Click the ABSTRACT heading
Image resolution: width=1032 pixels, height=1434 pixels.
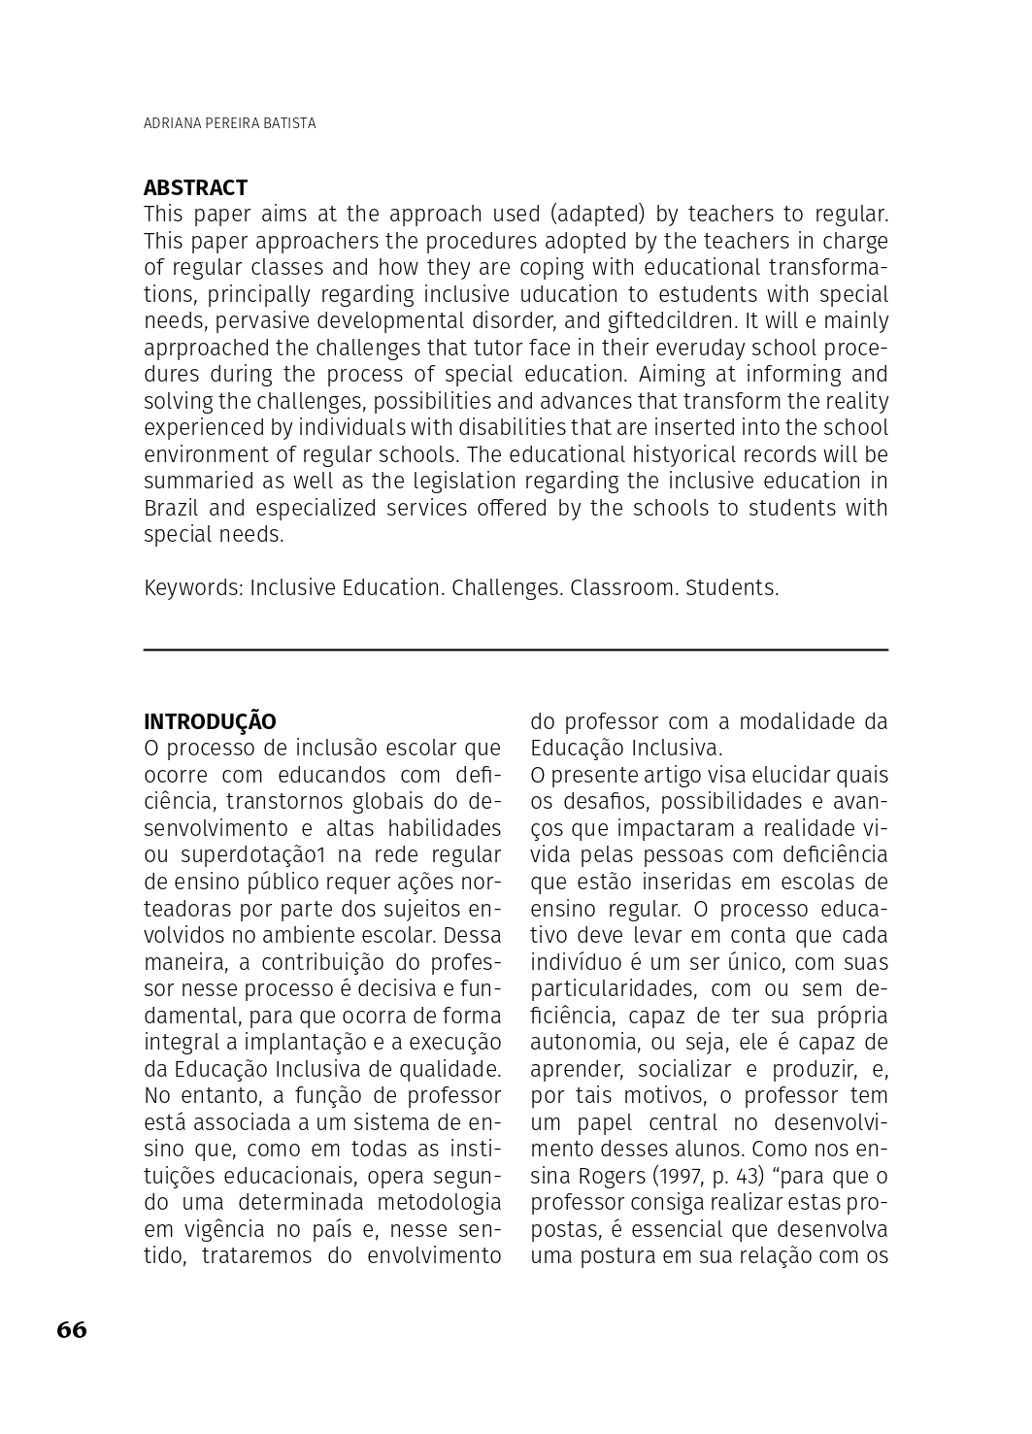coord(195,187)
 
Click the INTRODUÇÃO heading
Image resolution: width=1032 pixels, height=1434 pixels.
coord(210,721)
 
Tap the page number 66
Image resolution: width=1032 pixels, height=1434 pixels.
coord(72,1329)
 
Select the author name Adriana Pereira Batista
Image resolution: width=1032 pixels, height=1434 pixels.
coord(229,123)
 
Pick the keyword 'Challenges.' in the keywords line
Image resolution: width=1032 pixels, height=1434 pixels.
coord(507,587)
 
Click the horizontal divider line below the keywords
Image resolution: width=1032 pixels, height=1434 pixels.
coord(516,650)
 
